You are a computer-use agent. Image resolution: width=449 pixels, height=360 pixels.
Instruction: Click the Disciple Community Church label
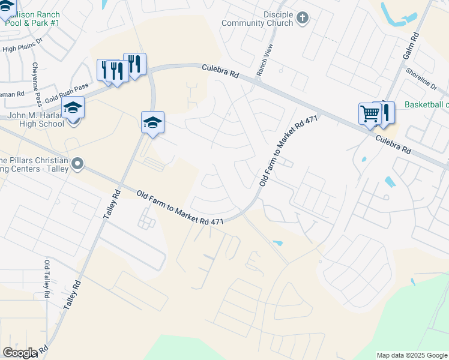259,18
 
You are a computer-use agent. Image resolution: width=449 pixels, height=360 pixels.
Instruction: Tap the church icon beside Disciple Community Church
303,18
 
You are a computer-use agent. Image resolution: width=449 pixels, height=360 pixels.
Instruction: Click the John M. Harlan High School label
35,120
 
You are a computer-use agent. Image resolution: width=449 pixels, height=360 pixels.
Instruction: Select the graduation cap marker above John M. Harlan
73,107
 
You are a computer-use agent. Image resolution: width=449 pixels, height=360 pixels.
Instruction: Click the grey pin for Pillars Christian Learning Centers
77,164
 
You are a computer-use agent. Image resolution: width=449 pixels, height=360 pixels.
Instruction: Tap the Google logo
20,353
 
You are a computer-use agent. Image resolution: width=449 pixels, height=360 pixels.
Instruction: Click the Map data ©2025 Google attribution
411,355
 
